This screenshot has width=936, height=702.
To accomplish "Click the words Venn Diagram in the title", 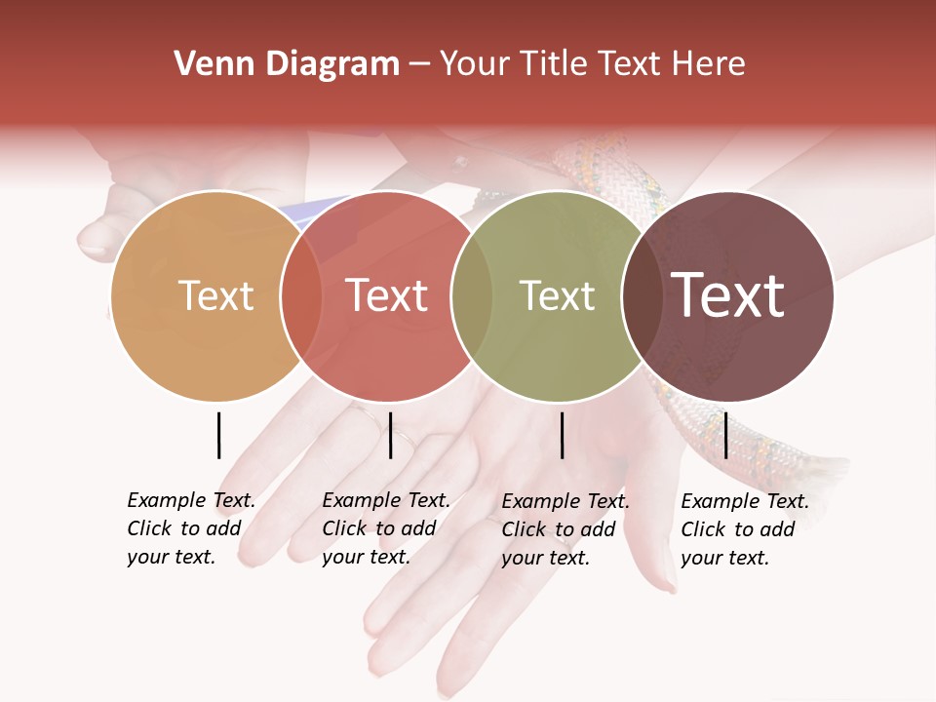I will [287, 64].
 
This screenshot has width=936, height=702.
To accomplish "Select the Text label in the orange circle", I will [215, 295].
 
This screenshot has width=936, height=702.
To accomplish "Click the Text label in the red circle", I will [386, 295].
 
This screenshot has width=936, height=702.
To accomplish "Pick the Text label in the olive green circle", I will [557, 295].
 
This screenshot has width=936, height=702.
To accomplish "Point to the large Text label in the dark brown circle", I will [727, 295].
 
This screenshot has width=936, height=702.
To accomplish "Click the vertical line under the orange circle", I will [218, 435].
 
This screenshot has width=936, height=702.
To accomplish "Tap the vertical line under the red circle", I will [390, 435].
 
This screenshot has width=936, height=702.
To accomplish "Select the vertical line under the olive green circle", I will [562, 435].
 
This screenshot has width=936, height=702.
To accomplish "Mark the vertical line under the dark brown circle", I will [725, 435].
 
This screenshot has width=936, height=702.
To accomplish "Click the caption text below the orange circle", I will [190, 528].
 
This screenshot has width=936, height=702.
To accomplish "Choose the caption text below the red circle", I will [385, 528].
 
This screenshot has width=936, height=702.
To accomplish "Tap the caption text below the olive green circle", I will [565, 529].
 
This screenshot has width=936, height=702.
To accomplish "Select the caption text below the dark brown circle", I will [744, 529].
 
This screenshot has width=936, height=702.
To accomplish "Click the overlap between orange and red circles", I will [301, 295].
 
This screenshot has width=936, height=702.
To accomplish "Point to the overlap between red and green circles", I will [472, 295].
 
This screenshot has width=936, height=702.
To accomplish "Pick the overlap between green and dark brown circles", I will [642, 295].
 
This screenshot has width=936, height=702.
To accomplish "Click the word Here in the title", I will [709, 64].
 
